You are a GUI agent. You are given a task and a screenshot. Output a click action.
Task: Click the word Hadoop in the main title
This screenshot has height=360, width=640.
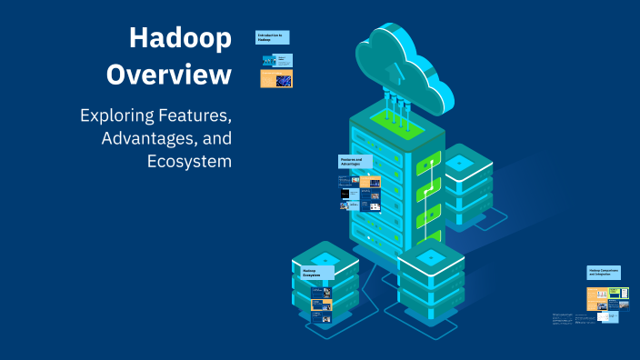coord(180,39)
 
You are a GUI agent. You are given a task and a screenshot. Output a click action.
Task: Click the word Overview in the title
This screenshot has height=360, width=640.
coord(169,75)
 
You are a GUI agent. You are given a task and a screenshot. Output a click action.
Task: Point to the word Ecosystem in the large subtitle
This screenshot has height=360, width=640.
coord(189,162)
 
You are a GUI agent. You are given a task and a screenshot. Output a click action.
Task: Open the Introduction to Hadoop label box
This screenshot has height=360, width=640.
coord(272,37)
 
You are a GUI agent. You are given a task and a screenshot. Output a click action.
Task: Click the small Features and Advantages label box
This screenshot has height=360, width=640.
coord(354,162)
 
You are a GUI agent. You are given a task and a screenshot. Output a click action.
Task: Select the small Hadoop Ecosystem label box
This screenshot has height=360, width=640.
coord(313,272)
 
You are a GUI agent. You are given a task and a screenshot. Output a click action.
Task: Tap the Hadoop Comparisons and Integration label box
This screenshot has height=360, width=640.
coord(606,272)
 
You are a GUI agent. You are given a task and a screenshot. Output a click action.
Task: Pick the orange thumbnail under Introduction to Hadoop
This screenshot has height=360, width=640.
coord(276,79)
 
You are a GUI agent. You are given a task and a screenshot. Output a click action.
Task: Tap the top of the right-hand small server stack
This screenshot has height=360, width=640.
coord(460,163)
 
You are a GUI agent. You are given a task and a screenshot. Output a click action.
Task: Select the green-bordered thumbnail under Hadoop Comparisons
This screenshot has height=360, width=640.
coord(619,293)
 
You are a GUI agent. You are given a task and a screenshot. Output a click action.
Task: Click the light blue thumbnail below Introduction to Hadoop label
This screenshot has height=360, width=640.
coord(276,60)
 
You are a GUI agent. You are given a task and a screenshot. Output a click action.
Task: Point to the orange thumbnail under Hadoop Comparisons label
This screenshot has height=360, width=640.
coord(596,295)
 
